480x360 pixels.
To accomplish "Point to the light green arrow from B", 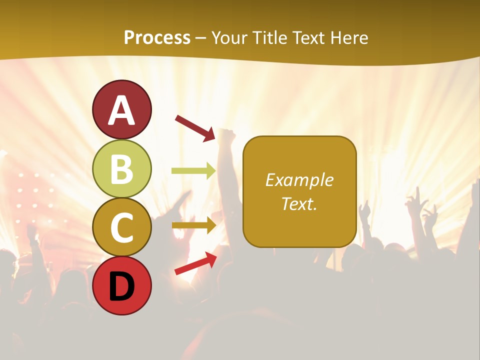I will pos(193,171).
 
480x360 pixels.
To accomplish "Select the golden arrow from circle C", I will pos(193,225).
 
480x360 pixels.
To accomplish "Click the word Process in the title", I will pos(157,38).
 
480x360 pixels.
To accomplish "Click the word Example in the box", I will pos(299,180).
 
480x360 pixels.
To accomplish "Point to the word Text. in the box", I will pos(299,203).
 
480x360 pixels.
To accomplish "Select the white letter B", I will pos(122,169).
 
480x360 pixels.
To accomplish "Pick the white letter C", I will pos(122,227).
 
